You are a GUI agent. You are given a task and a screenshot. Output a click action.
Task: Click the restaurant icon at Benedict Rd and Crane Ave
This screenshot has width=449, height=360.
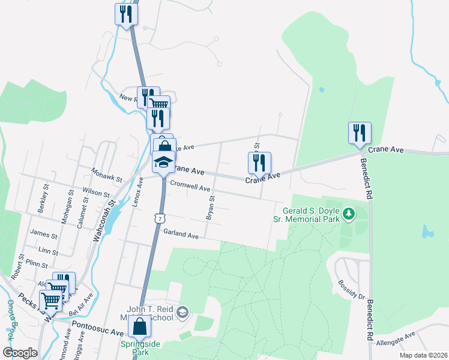(x=360, y=133)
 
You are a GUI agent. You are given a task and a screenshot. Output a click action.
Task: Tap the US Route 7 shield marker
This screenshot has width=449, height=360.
(x=159, y=218)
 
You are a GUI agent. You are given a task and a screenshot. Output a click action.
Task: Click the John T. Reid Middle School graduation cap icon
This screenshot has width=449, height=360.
(x=182, y=312)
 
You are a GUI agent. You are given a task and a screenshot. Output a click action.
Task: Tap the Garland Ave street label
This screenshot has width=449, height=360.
(x=180, y=236)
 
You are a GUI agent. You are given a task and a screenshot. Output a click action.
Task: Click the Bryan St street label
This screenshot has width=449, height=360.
(x=211, y=207)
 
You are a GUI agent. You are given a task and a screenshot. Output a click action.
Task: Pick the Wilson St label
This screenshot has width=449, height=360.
(x=96, y=193)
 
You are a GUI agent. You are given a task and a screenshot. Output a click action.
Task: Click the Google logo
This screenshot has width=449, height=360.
(x=20, y=352)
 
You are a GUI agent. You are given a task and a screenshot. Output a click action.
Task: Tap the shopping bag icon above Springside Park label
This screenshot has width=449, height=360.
(x=140, y=328)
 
